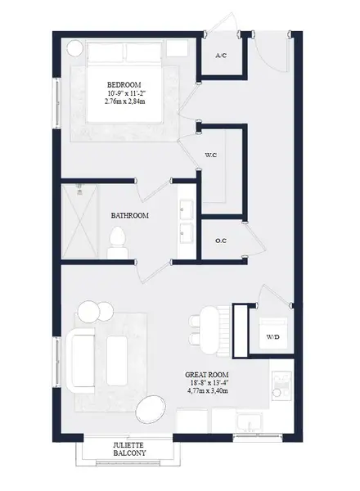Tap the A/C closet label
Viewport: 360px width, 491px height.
221,56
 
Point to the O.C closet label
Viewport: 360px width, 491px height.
221,241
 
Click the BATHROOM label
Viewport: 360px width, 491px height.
129,215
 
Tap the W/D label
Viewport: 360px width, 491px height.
270,336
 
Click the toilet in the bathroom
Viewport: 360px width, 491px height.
118,240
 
